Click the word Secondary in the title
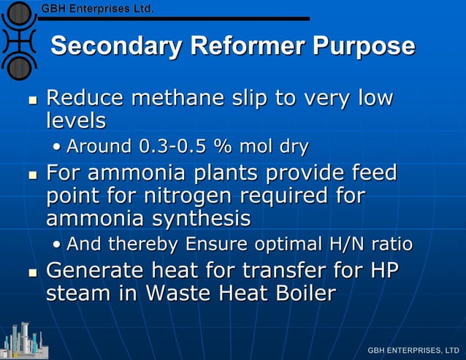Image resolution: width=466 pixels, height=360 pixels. coord(116,46)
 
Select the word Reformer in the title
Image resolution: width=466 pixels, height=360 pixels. coord(248,46)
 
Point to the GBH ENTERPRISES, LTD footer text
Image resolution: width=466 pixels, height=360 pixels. coord(413,351)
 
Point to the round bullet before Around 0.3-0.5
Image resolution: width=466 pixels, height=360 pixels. coord(57,148)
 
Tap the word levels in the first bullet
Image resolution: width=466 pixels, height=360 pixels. coord(76,120)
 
